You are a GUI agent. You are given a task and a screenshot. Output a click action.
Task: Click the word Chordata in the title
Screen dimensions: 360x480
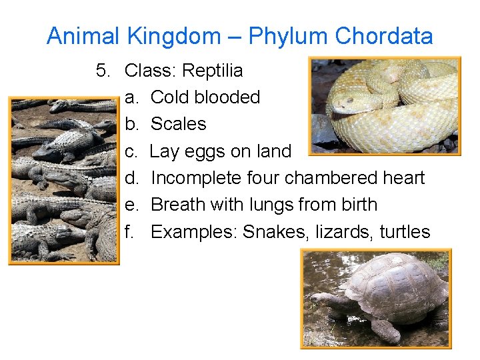point(384,36)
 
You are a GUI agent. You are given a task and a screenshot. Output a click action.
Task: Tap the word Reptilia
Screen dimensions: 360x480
point(212,70)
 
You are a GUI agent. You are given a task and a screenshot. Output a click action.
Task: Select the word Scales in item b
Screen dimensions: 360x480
point(178,124)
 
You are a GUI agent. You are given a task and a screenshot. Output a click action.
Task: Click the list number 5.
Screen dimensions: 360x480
point(101,70)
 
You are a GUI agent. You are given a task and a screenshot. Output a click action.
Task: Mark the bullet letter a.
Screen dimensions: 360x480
point(130,97)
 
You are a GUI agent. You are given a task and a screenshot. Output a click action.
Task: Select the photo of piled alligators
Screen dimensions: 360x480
point(63,180)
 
